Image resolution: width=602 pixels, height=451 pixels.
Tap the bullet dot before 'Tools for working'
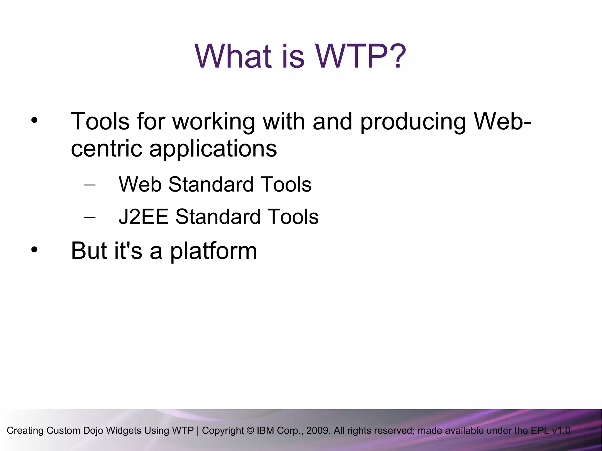34,120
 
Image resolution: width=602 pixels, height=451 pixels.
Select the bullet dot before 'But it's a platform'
34,250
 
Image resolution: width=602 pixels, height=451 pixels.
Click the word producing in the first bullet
413,122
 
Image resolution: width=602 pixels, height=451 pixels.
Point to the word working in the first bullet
213,122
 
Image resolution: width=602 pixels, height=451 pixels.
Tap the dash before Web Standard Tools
90,185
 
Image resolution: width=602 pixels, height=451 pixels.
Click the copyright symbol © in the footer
250,430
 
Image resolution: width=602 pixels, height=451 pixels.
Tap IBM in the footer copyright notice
265,430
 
